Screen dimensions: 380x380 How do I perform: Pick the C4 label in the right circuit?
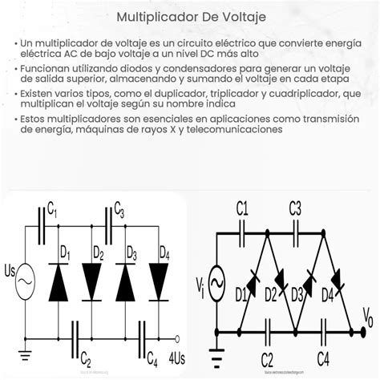coord(324,357)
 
